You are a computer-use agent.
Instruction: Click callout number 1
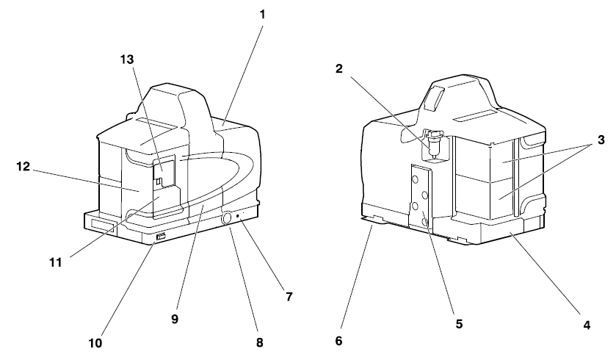(262, 15)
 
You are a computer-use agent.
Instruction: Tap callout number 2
(339, 69)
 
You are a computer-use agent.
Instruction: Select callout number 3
(601, 140)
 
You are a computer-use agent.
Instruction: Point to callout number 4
(587, 325)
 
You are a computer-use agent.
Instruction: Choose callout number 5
(459, 324)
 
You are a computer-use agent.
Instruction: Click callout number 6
(338, 341)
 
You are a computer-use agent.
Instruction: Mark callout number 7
(289, 297)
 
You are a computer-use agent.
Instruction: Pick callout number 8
(259, 342)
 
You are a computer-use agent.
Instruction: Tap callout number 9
(175, 319)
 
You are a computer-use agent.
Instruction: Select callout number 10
(95, 343)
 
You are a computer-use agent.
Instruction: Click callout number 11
(56, 262)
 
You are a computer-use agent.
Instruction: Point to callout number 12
(23, 166)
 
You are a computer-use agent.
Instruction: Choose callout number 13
(127, 60)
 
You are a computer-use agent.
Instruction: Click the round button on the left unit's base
(227, 219)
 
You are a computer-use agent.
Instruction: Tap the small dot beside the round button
(238, 215)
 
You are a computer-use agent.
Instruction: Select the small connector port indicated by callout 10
(161, 237)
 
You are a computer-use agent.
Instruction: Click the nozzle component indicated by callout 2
(434, 145)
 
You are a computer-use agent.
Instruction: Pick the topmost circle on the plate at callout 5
(416, 179)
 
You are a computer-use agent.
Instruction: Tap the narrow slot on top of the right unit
(472, 115)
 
